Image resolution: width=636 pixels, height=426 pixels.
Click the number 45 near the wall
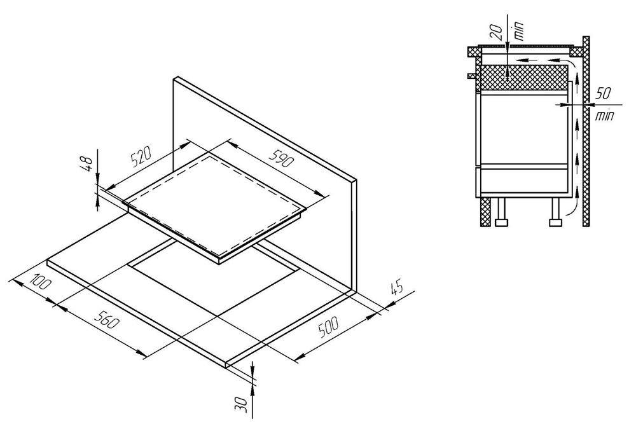pyautogui.click(x=397, y=288)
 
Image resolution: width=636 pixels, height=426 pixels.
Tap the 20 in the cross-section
pyautogui.click(x=499, y=30)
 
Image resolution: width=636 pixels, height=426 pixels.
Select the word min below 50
pyautogui.click(x=605, y=116)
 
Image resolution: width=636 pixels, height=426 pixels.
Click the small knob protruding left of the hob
pyautogui.click(x=471, y=76)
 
